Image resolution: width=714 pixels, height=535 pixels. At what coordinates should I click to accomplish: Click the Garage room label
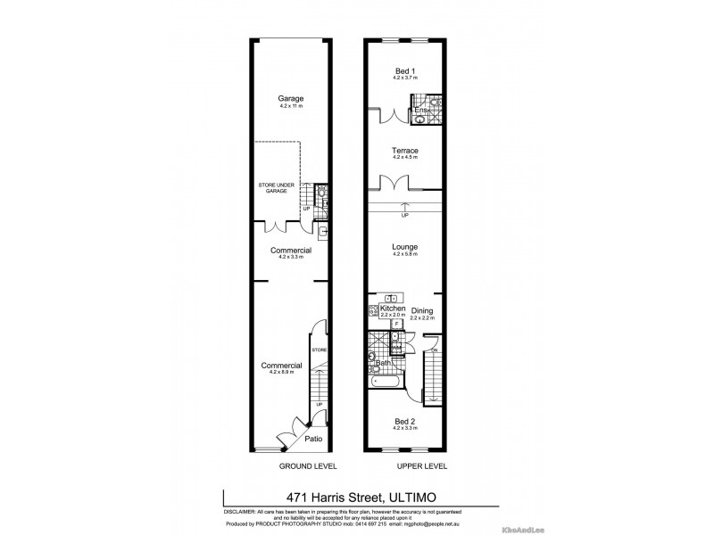coord(291,98)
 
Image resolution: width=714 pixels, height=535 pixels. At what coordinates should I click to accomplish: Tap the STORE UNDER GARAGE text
coord(277,187)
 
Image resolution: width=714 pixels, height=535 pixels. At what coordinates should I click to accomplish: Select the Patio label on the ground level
coord(313,440)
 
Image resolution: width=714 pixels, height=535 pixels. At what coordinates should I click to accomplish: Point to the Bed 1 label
coord(406,70)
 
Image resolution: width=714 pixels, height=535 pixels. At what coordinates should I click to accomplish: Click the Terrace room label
coord(406,151)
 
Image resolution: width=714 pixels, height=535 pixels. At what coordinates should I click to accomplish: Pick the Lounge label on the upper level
coord(406,246)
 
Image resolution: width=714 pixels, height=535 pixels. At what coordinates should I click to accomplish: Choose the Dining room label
coord(422,310)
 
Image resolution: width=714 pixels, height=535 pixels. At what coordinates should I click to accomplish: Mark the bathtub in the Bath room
coord(385,382)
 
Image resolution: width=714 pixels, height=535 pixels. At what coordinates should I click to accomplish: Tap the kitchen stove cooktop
coord(373,310)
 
